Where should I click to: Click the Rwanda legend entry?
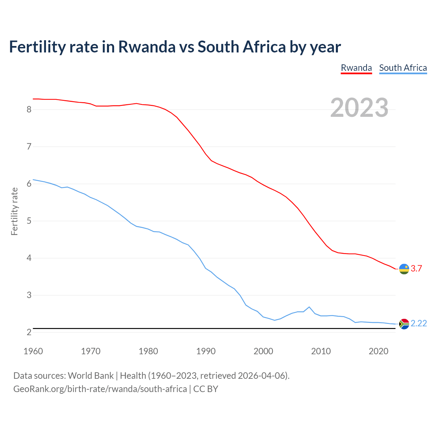coord(356,68)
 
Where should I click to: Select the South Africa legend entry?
coord(403,68)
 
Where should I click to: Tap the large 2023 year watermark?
coord(359,108)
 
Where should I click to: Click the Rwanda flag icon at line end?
coord(404,269)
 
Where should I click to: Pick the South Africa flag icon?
coord(404,324)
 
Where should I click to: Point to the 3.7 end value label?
coord(416,268)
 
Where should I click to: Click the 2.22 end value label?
coord(419,323)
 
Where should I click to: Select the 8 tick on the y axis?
coord(29,109)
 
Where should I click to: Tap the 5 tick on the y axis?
coord(29,221)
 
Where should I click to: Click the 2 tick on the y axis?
coord(29,332)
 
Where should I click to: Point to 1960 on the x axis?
coord(33,351)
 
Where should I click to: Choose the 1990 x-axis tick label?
coord(206,351)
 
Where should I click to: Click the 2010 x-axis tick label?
coord(321,351)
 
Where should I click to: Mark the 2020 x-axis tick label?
coord(378,351)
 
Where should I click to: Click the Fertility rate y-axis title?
coord(14,211)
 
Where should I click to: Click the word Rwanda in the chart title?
coord(146,47)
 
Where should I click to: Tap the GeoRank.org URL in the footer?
coord(100,389)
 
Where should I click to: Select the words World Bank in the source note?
coord(91,375)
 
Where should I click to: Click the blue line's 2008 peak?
coord(309,307)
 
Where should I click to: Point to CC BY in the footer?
coord(206,389)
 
